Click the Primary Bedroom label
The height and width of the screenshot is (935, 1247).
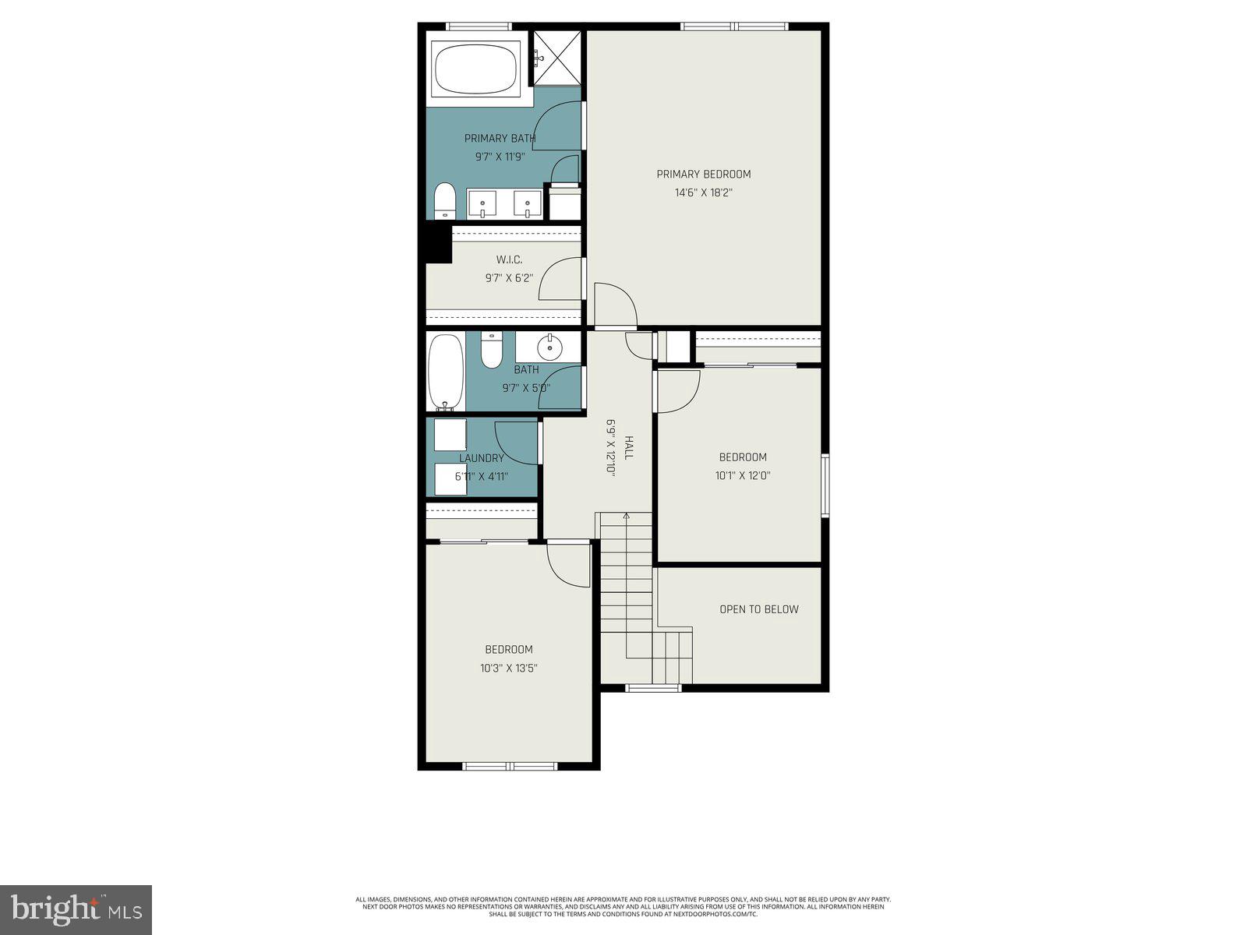pyautogui.click(x=703, y=175)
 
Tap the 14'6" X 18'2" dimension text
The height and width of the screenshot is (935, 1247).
pyautogui.click(x=703, y=192)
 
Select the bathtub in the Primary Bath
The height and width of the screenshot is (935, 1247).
pyautogui.click(x=476, y=69)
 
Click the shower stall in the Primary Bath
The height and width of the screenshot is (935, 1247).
pyautogui.click(x=557, y=58)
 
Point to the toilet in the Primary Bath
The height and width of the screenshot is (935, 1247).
pyautogui.click(x=444, y=202)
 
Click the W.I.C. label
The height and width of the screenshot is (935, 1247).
pyautogui.click(x=509, y=259)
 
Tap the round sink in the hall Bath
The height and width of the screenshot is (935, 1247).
pyautogui.click(x=550, y=347)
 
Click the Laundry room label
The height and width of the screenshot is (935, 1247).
pyautogui.click(x=481, y=458)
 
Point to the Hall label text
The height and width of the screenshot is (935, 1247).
pyautogui.click(x=628, y=448)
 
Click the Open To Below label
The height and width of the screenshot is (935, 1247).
pyautogui.click(x=758, y=609)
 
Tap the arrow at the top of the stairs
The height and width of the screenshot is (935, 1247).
pyautogui.click(x=625, y=517)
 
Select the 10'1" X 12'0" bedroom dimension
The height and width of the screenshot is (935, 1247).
pyautogui.click(x=742, y=475)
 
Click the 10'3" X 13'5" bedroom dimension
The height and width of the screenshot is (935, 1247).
pyautogui.click(x=508, y=668)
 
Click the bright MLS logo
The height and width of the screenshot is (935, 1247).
pyautogui.click(x=76, y=909)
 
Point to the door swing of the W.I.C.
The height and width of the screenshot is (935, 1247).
pyautogui.click(x=560, y=279)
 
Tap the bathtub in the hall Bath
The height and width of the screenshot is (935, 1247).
pyautogui.click(x=446, y=372)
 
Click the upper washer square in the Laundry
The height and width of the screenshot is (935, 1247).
pyautogui.click(x=450, y=435)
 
